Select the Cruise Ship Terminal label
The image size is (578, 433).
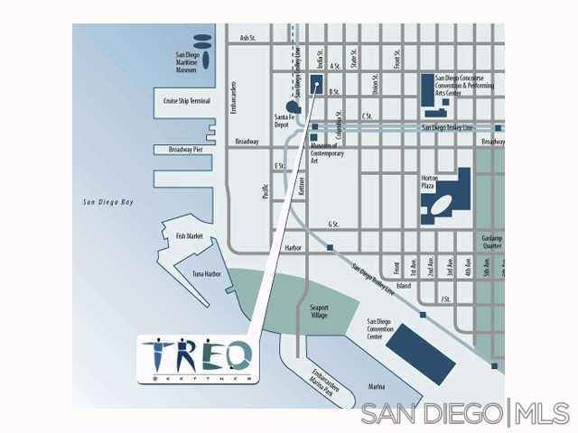(x=187, y=101)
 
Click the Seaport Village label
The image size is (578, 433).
(x=320, y=311)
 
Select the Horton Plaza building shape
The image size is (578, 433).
(x=452, y=198)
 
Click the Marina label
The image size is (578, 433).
(x=377, y=386)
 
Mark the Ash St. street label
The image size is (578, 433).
(x=248, y=38)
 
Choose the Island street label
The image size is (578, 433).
(x=404, y=286)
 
